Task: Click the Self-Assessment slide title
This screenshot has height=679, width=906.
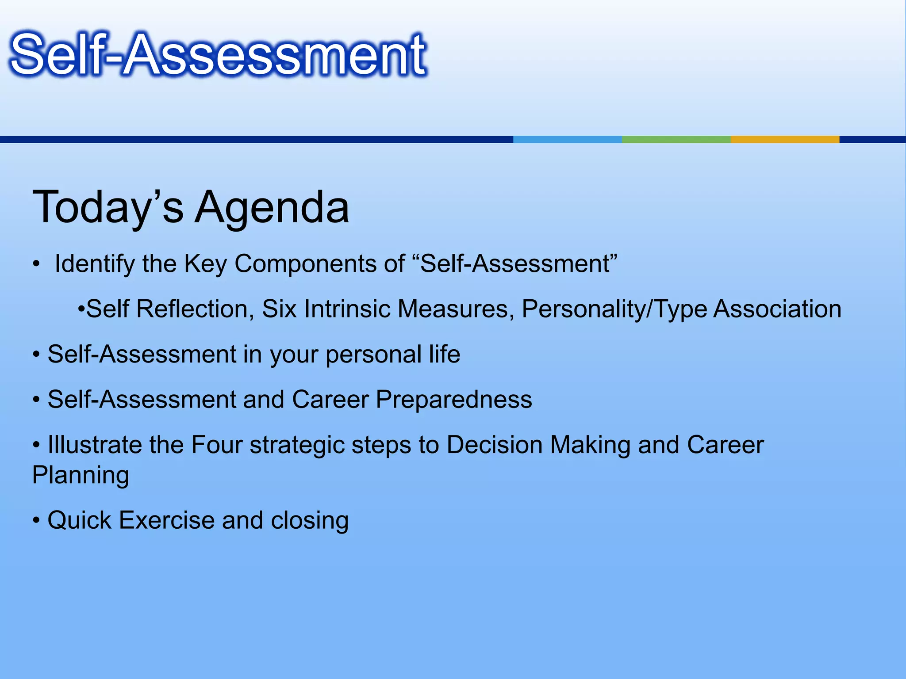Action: pos(218,55)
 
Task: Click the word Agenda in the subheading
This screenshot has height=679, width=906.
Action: pos(272,207)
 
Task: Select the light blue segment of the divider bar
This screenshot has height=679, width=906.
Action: pos(567,139)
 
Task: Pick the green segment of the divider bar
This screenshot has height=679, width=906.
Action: pos(676,139)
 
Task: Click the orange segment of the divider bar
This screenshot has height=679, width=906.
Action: pos(785,139)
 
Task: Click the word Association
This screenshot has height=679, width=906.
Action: pos(777,309)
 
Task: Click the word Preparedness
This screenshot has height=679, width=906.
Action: pos(454,400)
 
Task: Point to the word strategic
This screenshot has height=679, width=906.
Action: pos(297,445)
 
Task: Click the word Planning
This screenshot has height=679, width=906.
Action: pos(81,475)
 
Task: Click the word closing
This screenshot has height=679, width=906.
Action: pos(310,520)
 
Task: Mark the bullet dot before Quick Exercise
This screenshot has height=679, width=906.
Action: pos(36,521)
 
